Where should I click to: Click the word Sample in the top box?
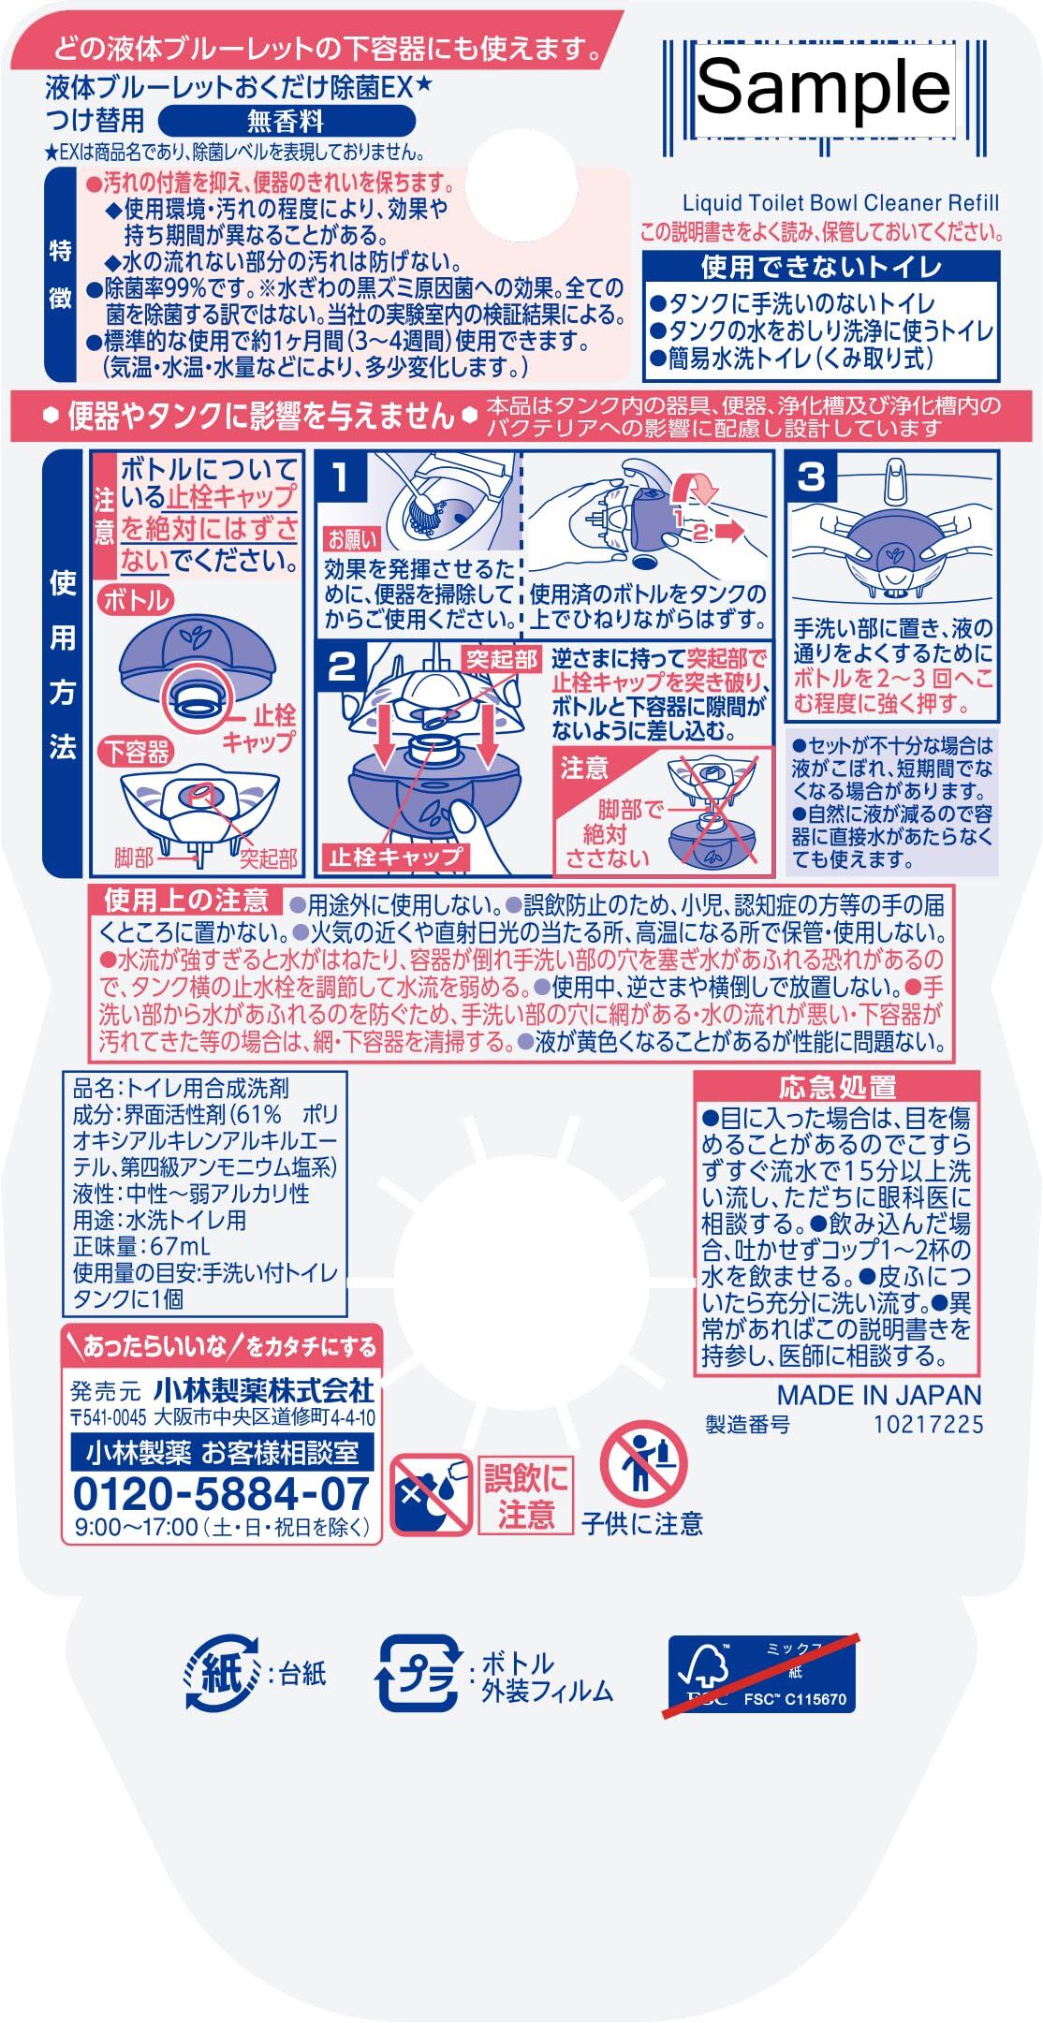[824, 88]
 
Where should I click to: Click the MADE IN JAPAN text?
[879, 1395]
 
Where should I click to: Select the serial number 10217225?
[929, 1424]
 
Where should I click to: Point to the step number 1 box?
[341, 477]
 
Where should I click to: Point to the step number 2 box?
[341, 667]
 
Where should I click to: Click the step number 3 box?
[811, 477]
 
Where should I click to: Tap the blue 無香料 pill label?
[286, 121]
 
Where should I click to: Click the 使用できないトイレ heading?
[821, 269]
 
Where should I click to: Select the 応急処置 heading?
[825, 1087]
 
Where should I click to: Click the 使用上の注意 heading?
[186, 901]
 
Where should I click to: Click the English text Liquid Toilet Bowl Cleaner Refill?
[841, 203]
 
